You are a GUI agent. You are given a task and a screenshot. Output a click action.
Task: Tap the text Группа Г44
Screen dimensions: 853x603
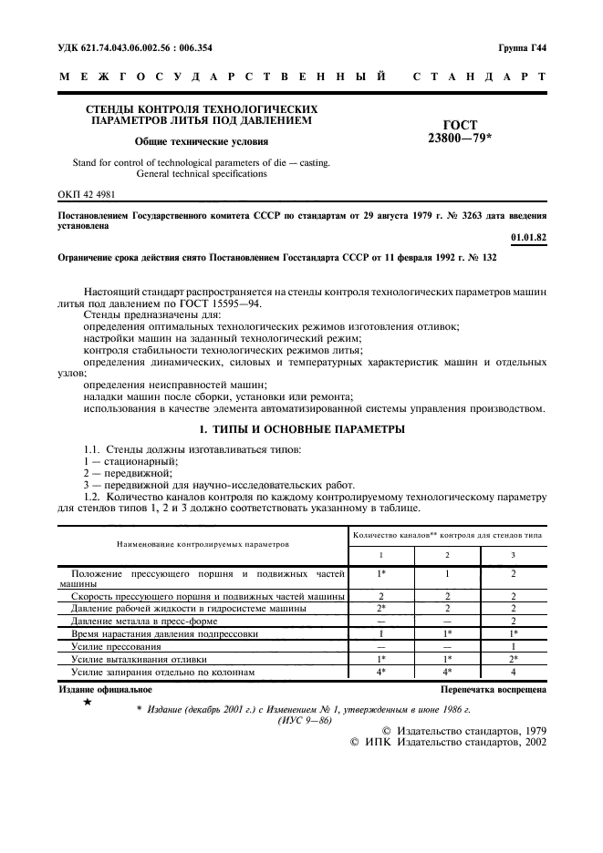coord(523,46)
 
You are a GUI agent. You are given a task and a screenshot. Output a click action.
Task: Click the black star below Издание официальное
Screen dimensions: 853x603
coord(87,702)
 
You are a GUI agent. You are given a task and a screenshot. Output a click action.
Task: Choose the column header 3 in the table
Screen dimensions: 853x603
coord(513,555)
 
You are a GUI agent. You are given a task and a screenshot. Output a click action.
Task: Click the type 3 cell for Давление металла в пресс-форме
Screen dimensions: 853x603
coord(513,620)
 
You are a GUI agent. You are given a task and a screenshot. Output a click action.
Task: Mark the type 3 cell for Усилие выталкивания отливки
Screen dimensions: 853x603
coord(513,658)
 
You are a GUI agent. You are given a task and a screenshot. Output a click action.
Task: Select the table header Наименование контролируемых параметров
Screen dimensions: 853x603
coord(202,543)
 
